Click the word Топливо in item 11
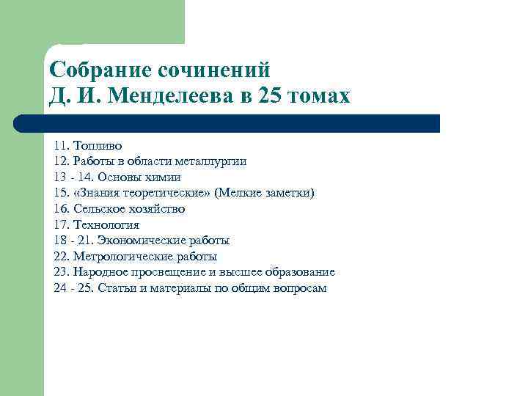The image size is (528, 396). coord(97,145)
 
